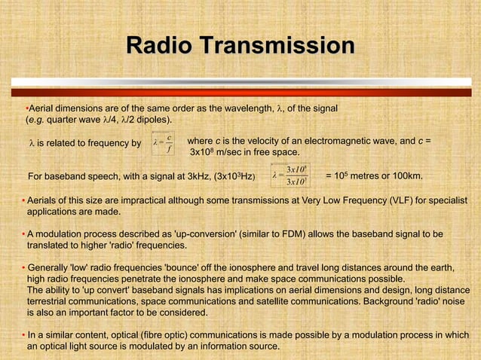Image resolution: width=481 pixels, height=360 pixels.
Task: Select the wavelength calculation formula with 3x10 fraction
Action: click(x=290, y=176)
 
